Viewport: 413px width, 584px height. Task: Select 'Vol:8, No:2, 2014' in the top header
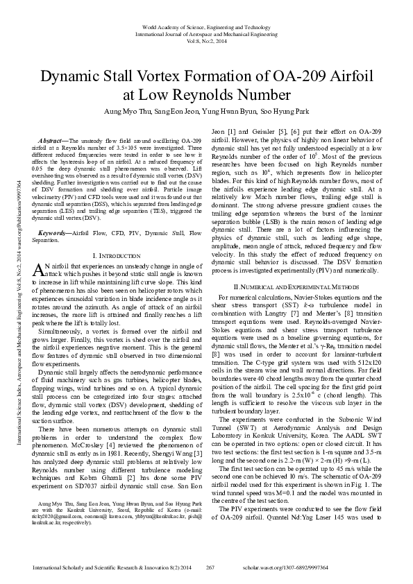point(206,41)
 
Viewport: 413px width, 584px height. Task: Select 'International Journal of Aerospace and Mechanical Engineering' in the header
point(206,33)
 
